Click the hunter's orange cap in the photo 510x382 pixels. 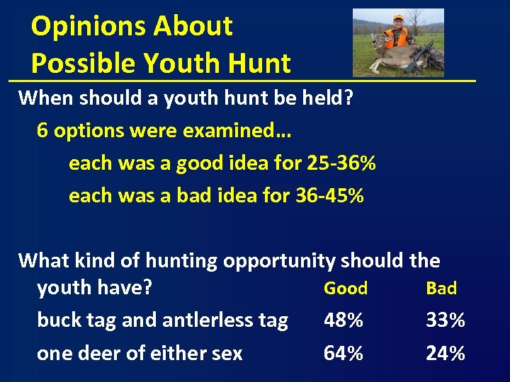[399, 17]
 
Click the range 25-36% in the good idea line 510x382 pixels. [341, 163]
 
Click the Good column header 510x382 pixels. [346, 288]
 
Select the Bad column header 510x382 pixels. [441, 288]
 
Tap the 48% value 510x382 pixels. [344, 320]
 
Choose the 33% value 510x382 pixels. [446, 320]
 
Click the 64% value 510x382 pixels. [344, 352]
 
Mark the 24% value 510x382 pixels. [446, 352]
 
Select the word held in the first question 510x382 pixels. [307, 98]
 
